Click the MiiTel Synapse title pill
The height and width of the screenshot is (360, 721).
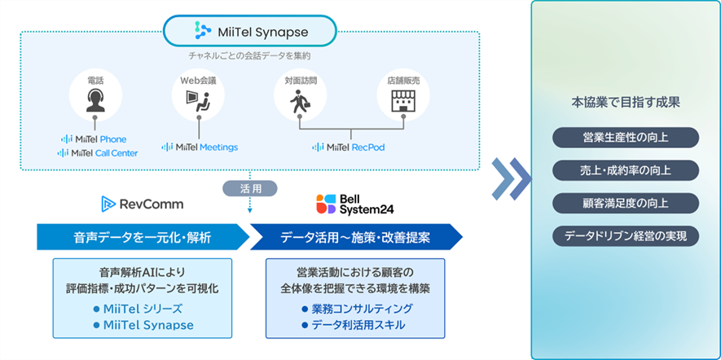point(250,32)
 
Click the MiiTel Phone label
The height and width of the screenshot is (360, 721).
point(95,138)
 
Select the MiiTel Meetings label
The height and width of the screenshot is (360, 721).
point(200,147)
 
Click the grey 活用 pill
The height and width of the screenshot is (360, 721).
point(249,188)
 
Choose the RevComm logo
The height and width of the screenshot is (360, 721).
point(142,204)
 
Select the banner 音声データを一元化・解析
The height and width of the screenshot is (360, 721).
point(143,237)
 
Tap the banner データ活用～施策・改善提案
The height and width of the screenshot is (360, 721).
point(355,237)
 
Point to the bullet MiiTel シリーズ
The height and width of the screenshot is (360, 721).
point(143,309)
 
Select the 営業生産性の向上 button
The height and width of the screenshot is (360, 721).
point(626,137)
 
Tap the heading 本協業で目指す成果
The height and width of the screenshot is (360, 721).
point(626,103)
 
